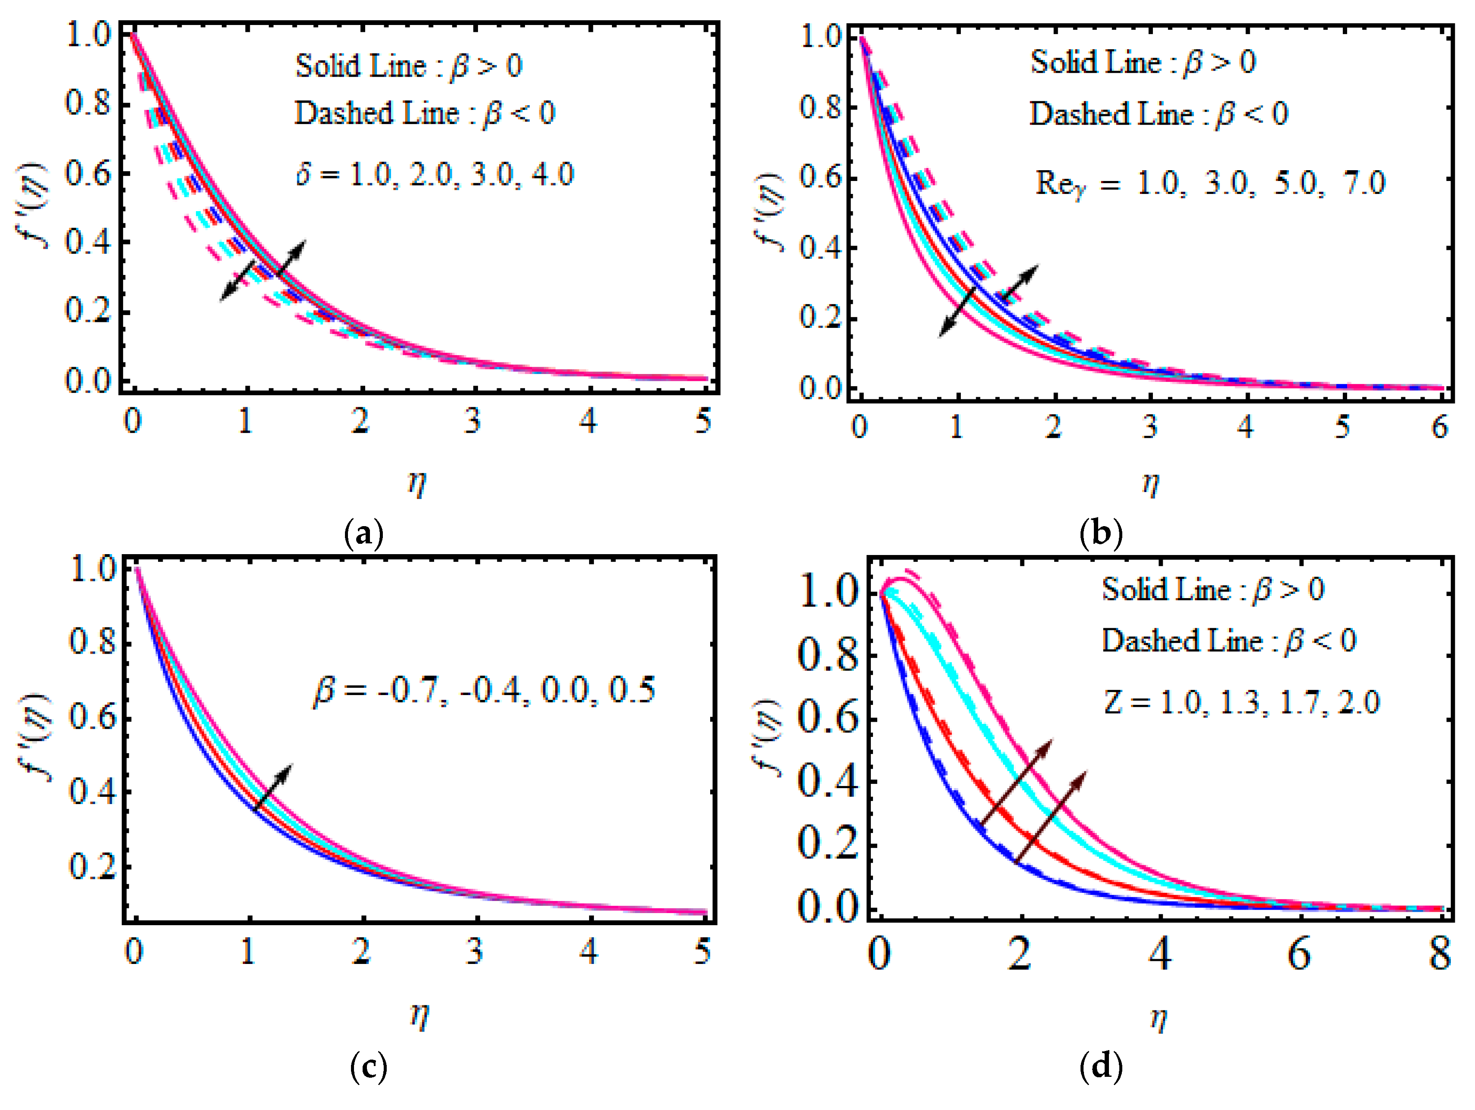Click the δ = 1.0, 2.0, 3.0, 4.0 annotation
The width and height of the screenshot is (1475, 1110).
[435, 175]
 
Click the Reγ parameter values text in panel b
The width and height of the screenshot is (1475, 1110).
[1210, 184]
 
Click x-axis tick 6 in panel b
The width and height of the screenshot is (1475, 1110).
[1439, 427]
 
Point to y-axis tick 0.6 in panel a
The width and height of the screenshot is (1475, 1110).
[87, 175]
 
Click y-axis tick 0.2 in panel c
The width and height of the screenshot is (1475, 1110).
[92, 867]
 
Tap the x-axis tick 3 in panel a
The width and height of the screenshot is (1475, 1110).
[473, 421]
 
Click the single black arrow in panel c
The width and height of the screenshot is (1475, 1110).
[273, 787]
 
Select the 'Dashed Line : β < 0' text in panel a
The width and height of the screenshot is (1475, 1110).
[425, 113]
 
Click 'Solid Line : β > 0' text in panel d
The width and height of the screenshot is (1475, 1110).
[1212, 589]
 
